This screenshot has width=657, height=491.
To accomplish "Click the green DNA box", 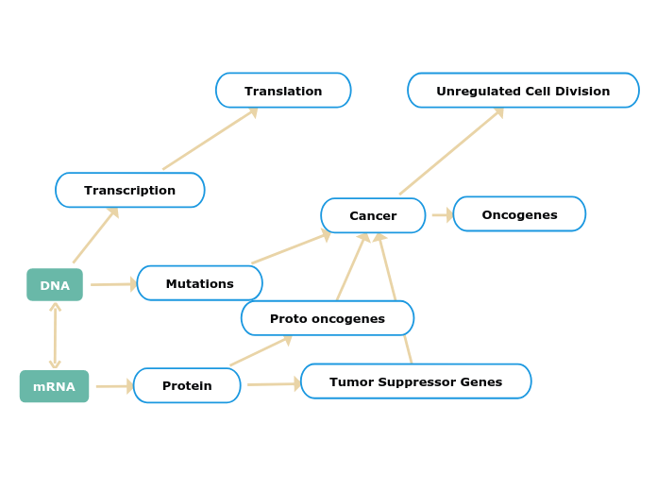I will (55, 285).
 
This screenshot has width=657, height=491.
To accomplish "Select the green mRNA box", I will (54, 386).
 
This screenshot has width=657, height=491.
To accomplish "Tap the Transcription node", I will (130, 190).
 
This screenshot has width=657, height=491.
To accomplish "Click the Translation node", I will (283, 91).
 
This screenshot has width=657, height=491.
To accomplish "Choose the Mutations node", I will (199, 283).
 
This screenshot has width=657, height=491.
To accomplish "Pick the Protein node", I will (187, 385).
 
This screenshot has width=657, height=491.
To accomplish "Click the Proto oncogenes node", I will (327, 318).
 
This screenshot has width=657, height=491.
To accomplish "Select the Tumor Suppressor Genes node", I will (415, 381).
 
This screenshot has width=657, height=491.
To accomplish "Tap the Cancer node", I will (373, 215).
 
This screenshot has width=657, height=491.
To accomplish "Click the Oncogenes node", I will (519, 214).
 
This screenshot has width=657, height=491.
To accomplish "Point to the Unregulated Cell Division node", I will (523, 91).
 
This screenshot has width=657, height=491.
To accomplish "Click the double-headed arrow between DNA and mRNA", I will (55, 335).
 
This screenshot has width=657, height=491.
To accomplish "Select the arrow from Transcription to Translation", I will (210, 140).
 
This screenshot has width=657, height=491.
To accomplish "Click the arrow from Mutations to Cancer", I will (290, 247).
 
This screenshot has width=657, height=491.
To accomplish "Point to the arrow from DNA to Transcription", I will (95, 235).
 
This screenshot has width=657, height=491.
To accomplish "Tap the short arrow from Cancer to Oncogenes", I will (442, 215).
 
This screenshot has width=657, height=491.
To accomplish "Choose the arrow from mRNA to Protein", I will (114, 386).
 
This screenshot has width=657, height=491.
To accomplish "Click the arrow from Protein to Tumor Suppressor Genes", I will (273, 384).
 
